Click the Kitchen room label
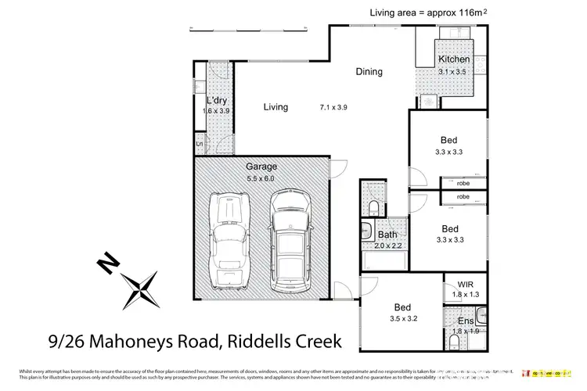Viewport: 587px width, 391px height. click(454, 59)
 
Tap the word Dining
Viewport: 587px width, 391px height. click(369, 72)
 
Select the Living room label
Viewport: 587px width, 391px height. click(275, 107)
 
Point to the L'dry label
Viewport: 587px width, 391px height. click(217, 101)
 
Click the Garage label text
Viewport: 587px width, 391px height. click(261, 167)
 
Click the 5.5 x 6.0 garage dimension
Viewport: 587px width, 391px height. click(261, 178)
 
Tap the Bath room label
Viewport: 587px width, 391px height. click(387, 235)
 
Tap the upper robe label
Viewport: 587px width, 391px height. click(463, 184)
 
